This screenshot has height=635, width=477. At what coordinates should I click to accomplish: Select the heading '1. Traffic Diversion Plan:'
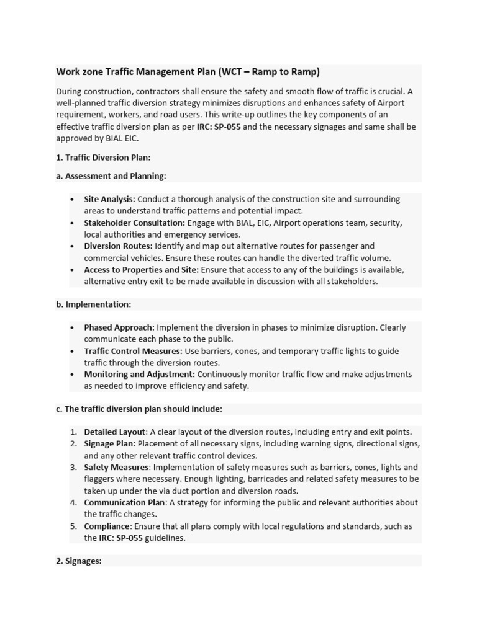coord(103,158)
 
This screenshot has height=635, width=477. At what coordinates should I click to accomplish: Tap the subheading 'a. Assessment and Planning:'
coord(111,176)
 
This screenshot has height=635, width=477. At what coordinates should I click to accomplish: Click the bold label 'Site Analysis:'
coord(109,200)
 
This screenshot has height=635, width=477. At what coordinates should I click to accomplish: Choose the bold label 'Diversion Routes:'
coord(118,246)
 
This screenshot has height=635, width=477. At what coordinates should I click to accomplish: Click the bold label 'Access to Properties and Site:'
coord(141,270)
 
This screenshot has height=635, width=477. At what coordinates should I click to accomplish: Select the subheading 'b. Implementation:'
coord(94,304)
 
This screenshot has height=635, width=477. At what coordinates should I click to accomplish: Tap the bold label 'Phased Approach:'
coord(119,327)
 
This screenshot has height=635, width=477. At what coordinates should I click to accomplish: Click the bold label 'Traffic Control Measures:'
coord(133,351)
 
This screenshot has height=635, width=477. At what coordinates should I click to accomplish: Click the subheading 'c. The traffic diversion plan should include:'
coord(139,409)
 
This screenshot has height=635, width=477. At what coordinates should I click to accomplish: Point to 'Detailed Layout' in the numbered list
coord(115,432)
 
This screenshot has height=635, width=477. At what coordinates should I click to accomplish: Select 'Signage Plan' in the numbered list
coord(109,444)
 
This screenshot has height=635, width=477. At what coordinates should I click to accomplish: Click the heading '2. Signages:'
coord(79,561)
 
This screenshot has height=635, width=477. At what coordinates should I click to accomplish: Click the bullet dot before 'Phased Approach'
coord(73,327)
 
